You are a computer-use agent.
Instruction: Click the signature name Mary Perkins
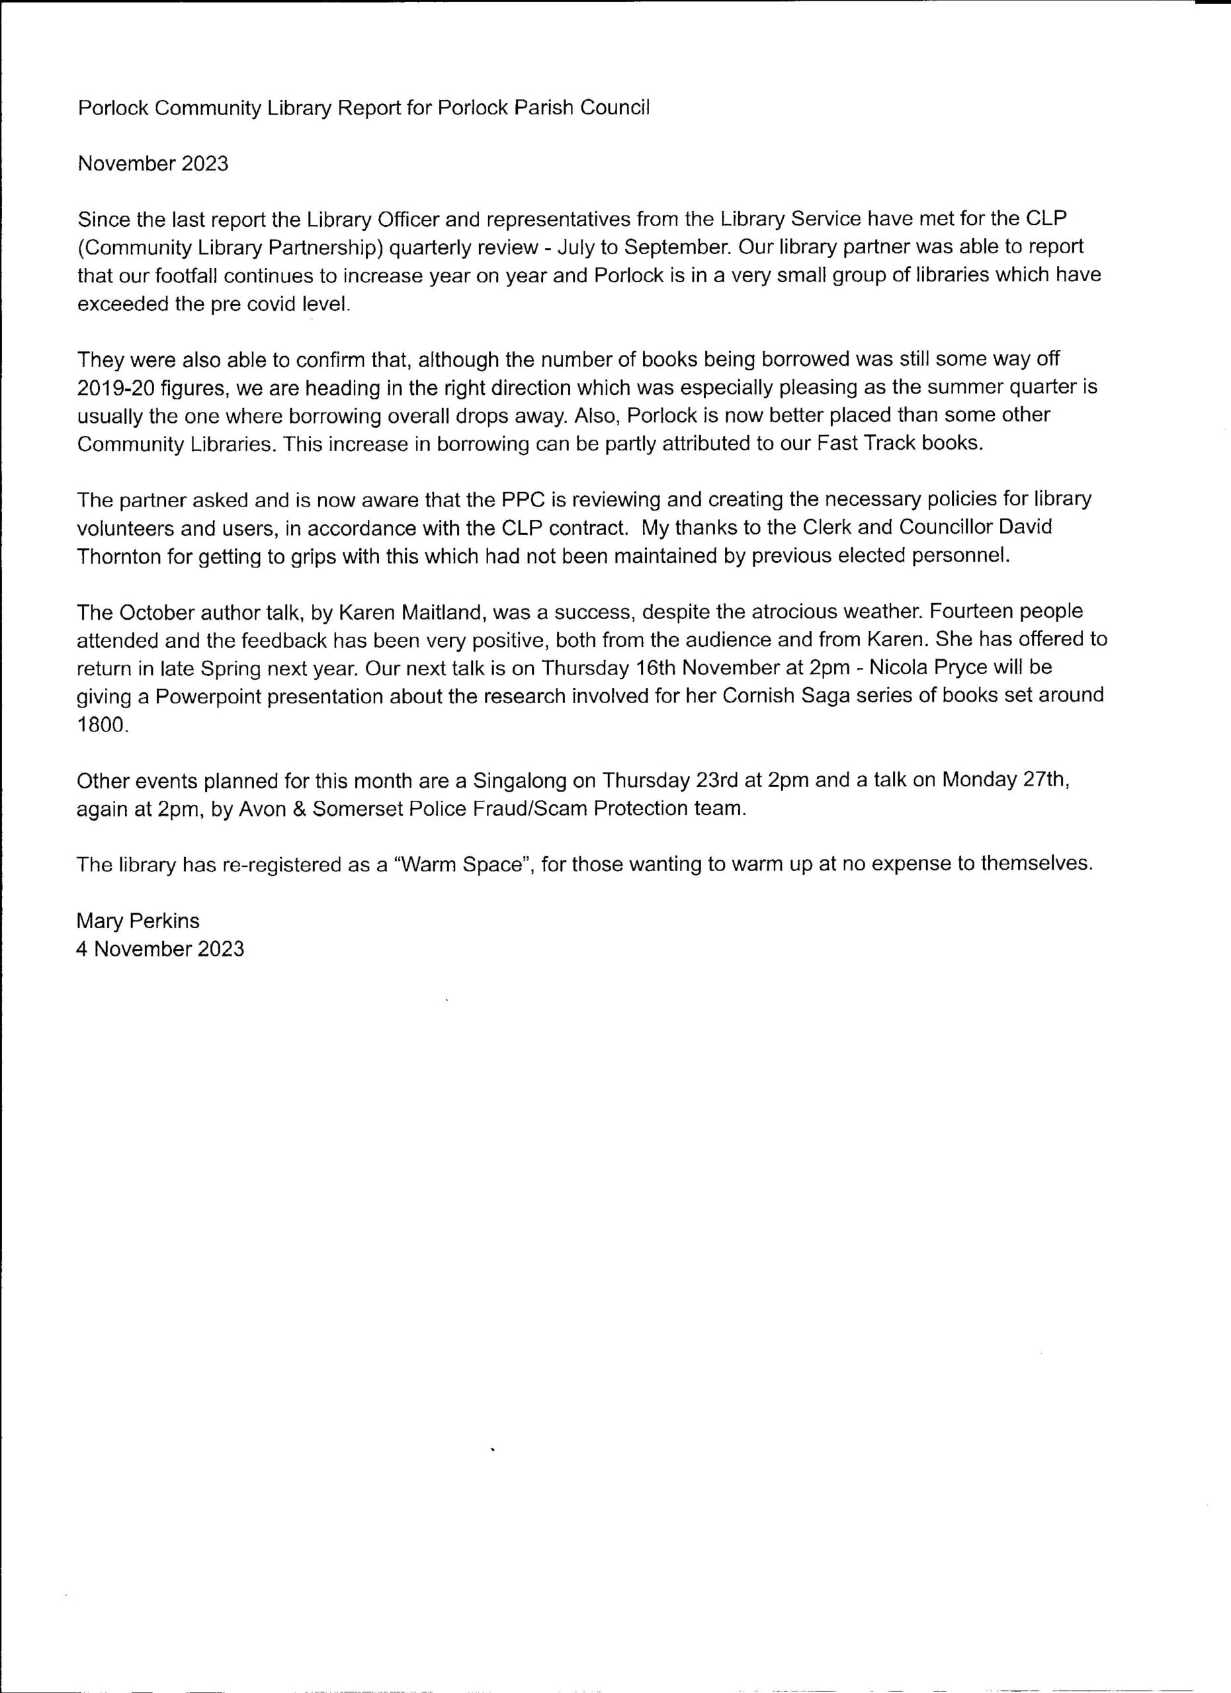coord(138,921)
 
